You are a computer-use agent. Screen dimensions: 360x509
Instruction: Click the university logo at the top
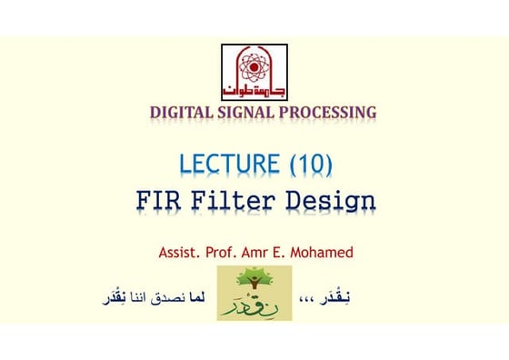tap(254, 72)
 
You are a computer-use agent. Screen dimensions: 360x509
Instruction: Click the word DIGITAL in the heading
tap(180, 114)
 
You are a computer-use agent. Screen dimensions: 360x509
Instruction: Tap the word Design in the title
tap(333, 200)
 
